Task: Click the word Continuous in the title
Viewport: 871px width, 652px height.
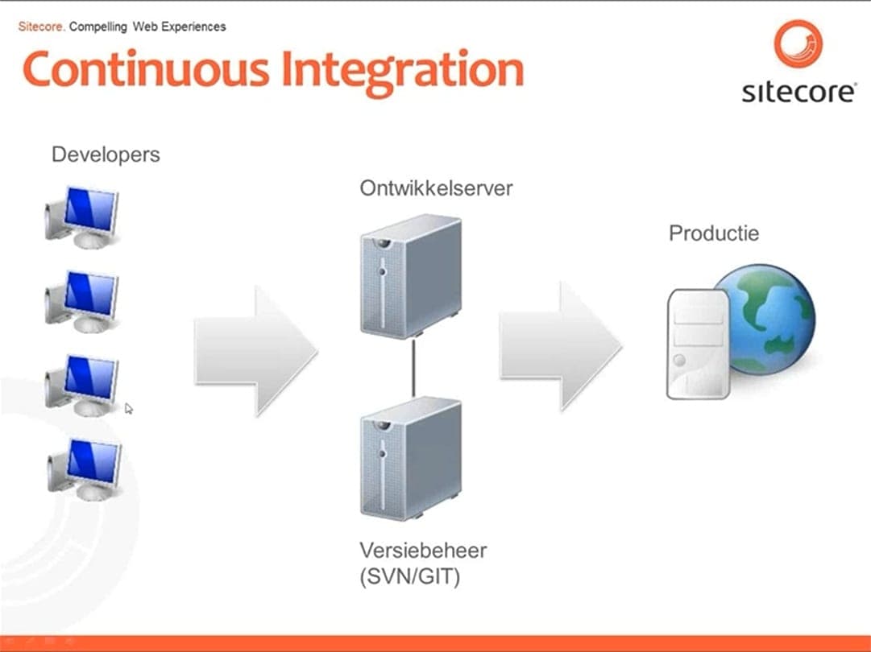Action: pos(145,70)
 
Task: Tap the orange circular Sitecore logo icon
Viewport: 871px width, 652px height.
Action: pos(798,44)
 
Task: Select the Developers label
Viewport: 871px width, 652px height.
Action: pos(106,155)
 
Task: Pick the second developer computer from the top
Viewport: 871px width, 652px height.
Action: pos(82,299)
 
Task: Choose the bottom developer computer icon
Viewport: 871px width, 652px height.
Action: pos(84,468)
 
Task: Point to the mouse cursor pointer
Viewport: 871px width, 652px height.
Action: pos(128,408)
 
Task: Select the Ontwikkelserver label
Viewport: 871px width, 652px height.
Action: pos(436,189)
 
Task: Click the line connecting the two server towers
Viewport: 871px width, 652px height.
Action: pos(413,367)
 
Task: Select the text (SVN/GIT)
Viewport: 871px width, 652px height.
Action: pos(410,577)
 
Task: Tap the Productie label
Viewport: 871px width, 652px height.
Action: pos(714,233)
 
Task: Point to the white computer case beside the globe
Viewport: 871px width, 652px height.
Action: pos(698,345)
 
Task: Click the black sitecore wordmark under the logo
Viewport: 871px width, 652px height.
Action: pos(798,92)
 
